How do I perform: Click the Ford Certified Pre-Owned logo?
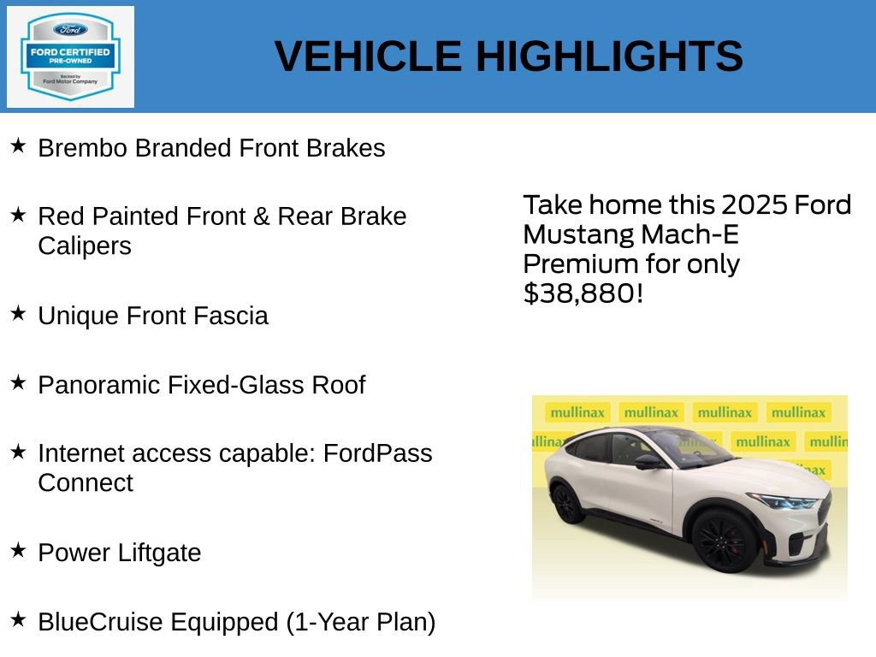(x=70, y=57)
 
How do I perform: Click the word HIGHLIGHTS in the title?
(x=609, y=57)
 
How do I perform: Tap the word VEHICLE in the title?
(x=368, y=57)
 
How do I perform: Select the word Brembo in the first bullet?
(x=83, y=148)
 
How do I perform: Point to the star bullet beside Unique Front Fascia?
(x=18, y=314)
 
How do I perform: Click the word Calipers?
(x=85, y=246)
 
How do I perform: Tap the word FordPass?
(x=377, y=453)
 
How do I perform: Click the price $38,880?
(x=583, y=293)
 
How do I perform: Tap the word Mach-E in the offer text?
(x=691, y=234)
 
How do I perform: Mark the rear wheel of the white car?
(x=567, y=503)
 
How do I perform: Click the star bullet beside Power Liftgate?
(x=18, y=551)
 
